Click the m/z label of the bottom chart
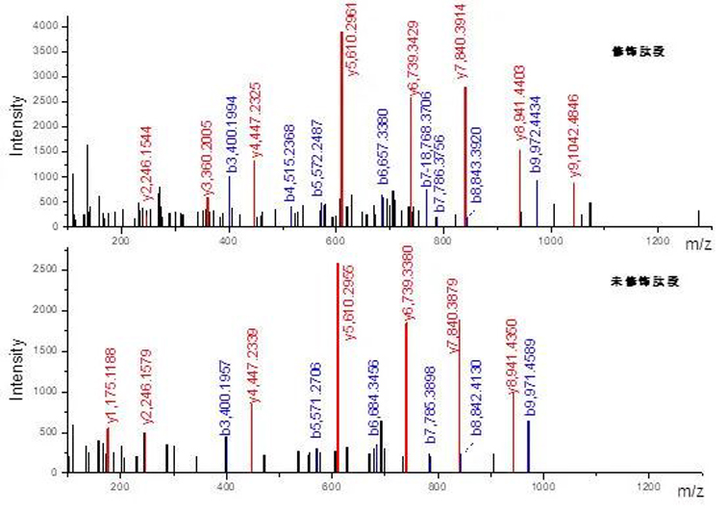(x=689, y=492)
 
